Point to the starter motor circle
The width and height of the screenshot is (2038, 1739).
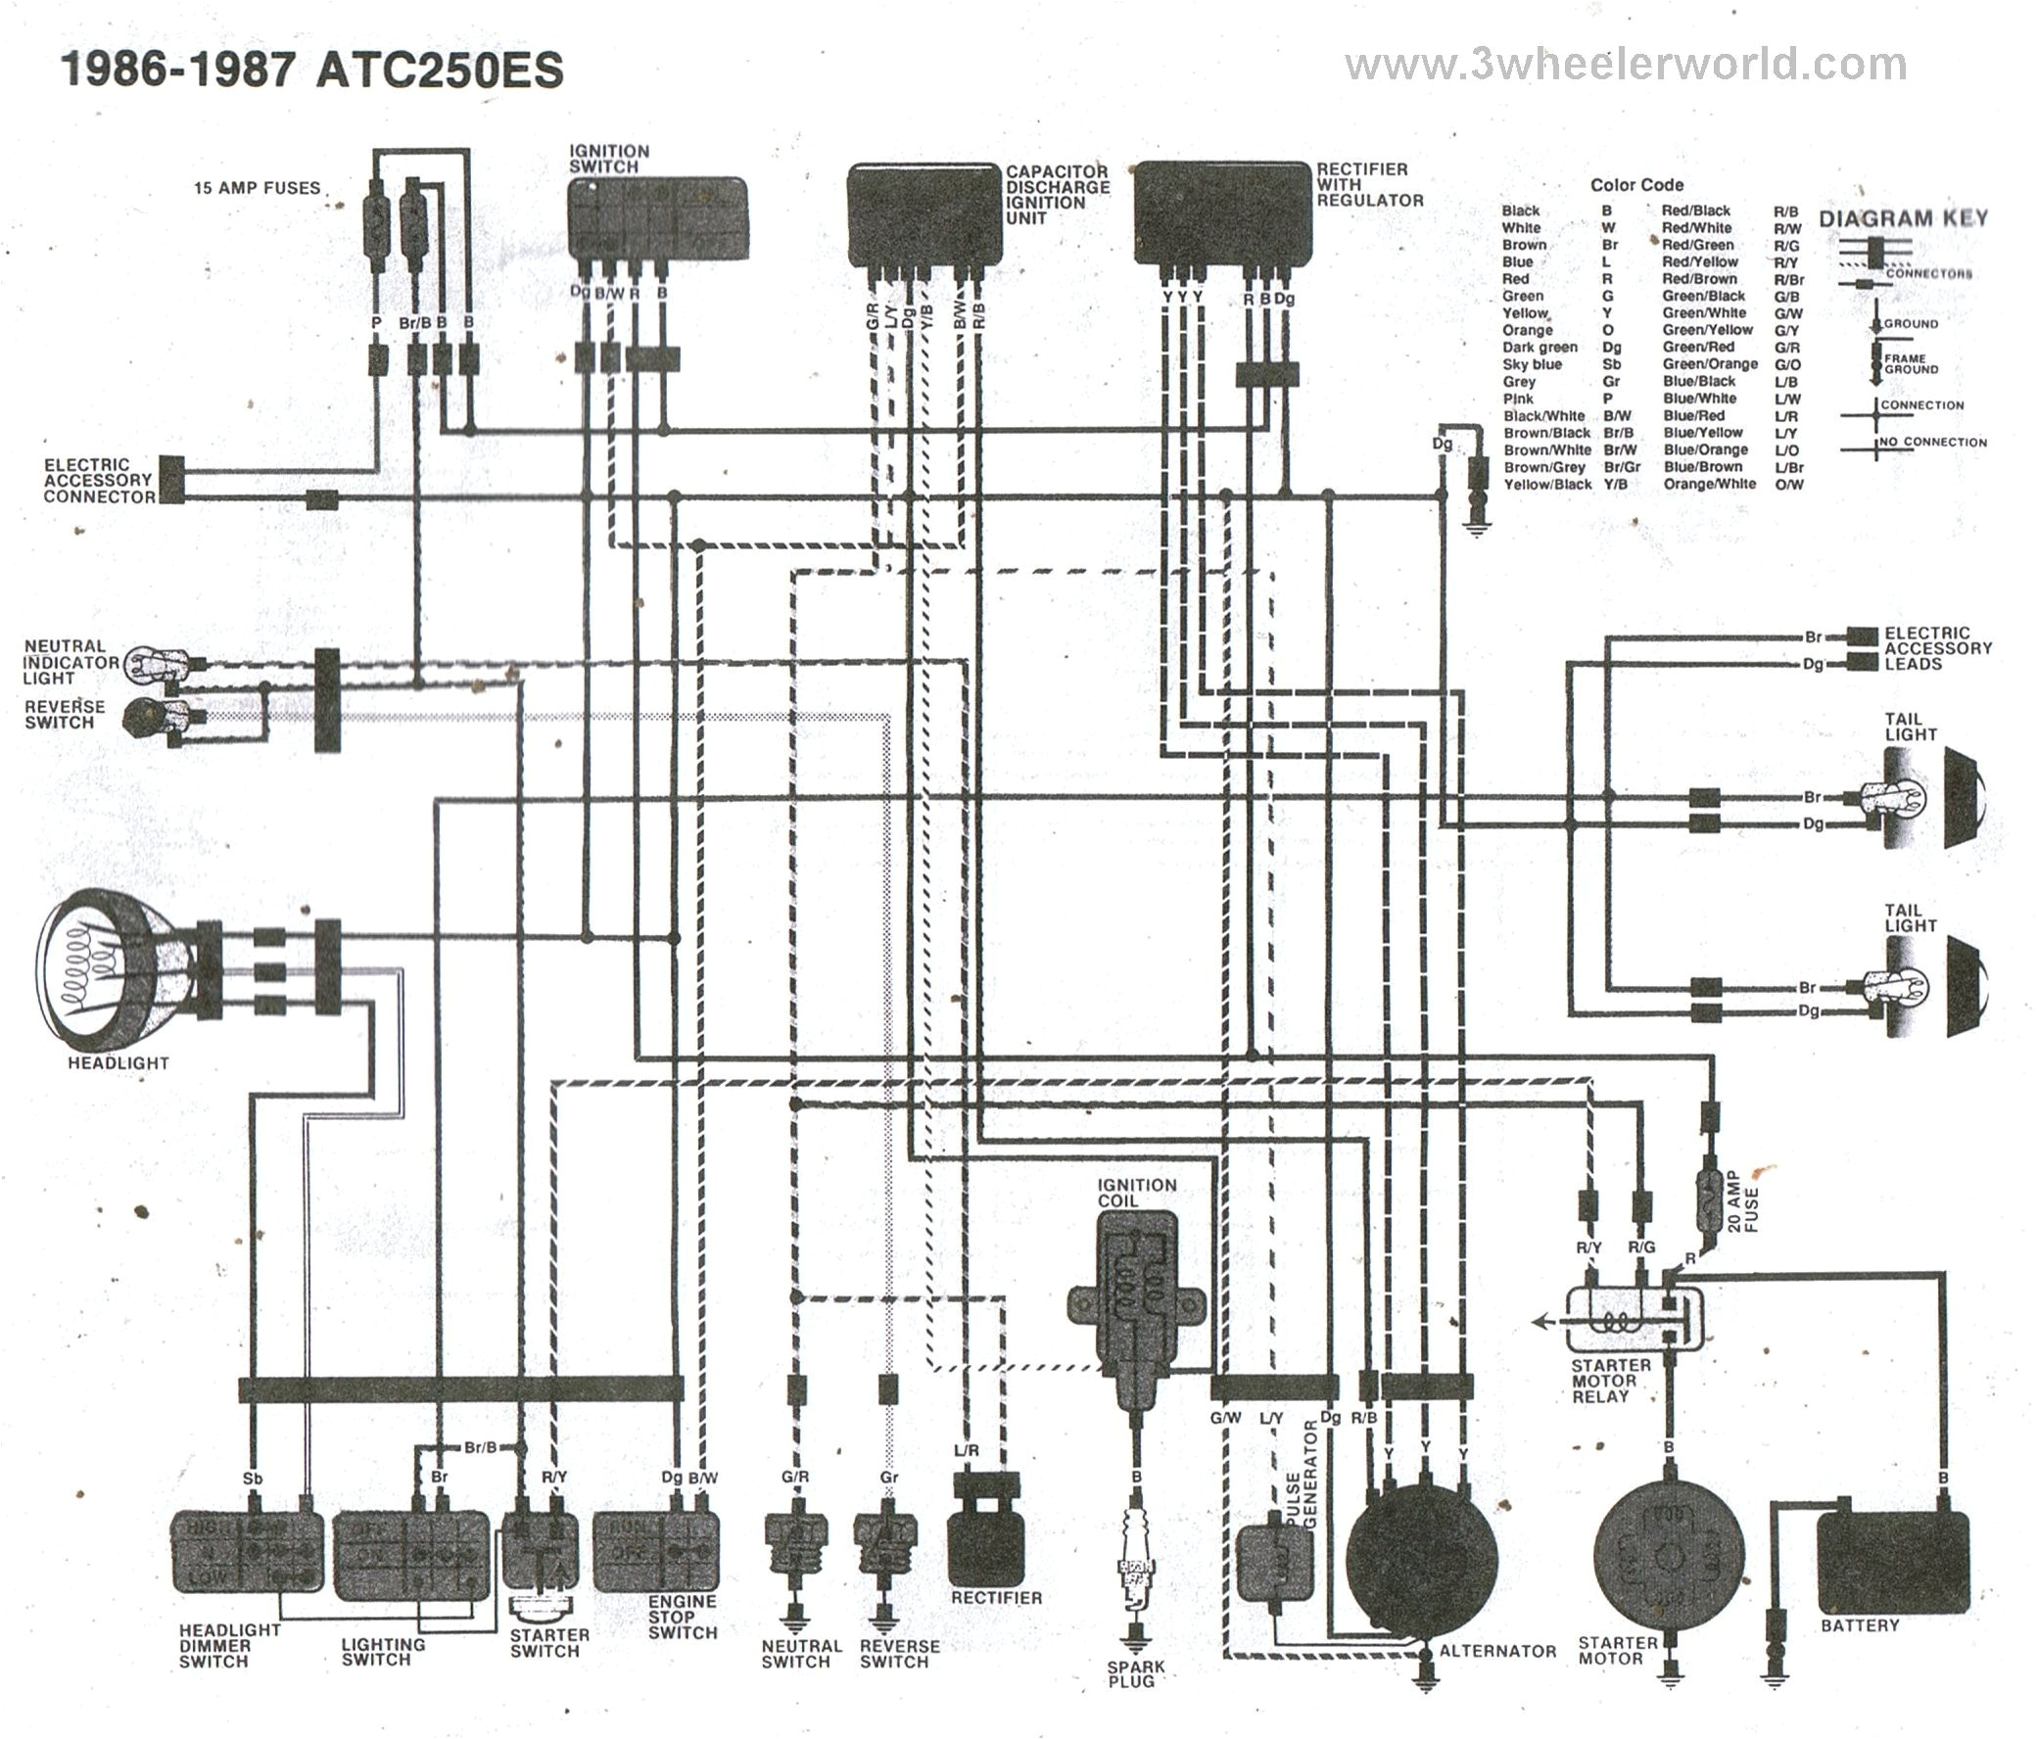[1669, 1563]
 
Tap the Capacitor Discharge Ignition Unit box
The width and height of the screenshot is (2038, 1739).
[924, 213]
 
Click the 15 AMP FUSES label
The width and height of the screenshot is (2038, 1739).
[257, 188]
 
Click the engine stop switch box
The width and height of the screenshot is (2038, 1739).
[656, 1551]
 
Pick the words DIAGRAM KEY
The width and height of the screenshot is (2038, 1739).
[1902, 218]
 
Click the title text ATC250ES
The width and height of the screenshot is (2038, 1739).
[439, 70]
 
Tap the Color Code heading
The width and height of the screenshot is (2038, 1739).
[1635, 185]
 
